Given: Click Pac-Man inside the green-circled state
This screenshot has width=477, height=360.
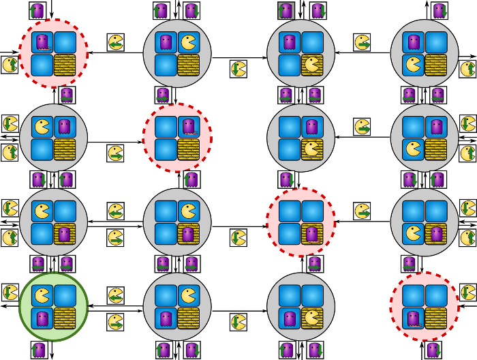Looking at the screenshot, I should [42, 296].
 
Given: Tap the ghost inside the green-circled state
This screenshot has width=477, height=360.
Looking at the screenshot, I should [42, 318].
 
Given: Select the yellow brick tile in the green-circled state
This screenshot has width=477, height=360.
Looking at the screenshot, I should [65, 318].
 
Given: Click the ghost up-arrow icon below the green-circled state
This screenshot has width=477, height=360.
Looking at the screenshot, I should [39, 350].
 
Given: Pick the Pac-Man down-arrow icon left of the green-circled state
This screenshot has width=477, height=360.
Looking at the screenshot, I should [10, 292].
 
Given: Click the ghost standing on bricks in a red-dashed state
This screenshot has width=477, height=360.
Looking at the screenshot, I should [312, 234].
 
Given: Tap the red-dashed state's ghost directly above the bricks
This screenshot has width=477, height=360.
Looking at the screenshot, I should [189, 127].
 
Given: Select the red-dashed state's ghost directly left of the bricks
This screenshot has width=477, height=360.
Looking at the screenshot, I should [414, 318].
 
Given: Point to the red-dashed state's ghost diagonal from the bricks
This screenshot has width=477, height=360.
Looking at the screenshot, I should [42, 42].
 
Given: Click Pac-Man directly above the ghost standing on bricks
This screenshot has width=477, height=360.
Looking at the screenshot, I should [189, 211].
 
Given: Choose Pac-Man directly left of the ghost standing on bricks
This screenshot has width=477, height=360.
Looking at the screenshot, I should [414, 234].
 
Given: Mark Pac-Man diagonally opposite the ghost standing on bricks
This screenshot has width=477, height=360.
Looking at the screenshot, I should [42, 211].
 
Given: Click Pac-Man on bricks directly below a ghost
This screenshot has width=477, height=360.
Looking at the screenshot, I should [312, 149].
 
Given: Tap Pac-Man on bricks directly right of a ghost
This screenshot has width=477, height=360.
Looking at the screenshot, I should [312, 318].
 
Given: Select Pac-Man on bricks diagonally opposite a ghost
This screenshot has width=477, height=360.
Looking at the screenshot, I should [312, 65].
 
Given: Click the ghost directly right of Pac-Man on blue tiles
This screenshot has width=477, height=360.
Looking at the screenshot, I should [65, 127].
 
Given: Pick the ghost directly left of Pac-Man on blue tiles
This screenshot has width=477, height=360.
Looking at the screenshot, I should [166, 42].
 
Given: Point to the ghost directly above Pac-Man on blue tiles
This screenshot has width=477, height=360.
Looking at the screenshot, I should [414, 42].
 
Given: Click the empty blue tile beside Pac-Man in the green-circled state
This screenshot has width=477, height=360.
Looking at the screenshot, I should [65, 296].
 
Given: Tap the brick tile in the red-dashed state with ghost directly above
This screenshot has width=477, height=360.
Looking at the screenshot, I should [189, 149].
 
